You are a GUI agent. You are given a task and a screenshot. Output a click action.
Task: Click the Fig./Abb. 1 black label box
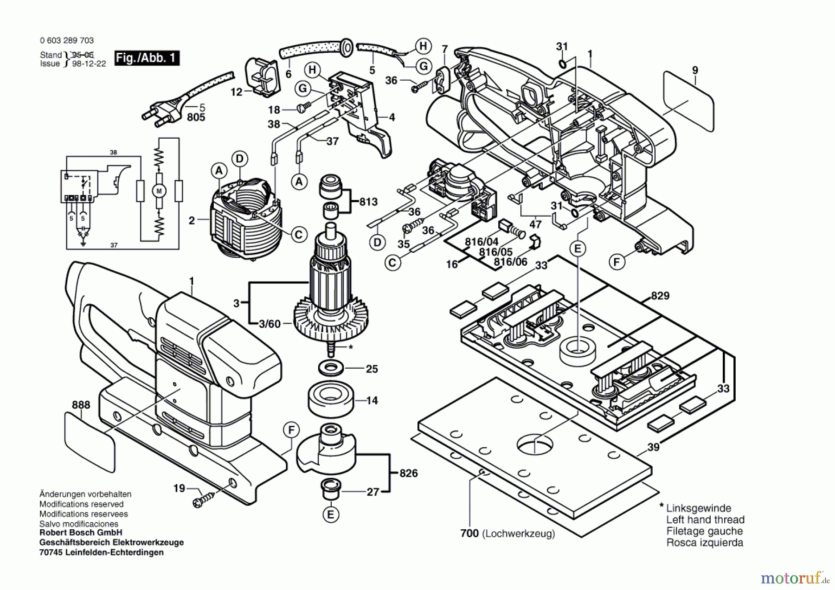tap(147, 58)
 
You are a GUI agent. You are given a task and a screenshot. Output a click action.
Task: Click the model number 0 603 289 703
tap(67, 41)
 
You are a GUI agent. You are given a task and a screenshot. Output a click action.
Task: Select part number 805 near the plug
tap(196, 117)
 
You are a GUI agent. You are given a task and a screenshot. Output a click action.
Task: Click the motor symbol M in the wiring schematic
tap(159, 191)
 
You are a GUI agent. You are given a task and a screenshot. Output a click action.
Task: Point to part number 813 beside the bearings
tap(369, 202)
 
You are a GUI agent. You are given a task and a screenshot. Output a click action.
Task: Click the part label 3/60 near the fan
tap(270, 324)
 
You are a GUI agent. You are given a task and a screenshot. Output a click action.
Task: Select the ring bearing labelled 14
tap(330, 398)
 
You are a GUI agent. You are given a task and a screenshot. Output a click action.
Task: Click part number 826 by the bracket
tap(408, 473)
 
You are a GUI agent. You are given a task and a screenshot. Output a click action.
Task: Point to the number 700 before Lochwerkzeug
tap(469, 533)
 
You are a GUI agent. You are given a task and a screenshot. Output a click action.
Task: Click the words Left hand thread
tap(705, 519)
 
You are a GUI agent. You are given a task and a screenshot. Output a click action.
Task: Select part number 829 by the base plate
tap(660, 296)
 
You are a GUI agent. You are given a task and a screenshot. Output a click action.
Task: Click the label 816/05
tap(496, 252)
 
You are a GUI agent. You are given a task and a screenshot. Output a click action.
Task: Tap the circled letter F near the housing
tap(616, 262)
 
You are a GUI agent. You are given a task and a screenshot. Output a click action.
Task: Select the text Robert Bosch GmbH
tap(81, 532)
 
